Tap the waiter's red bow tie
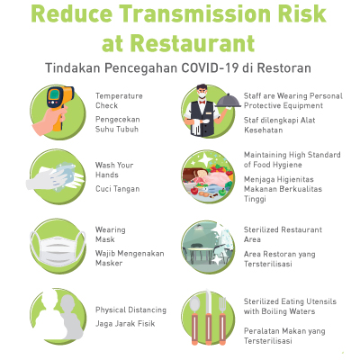click(x=202, y=102)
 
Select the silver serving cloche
click(x=229, y=101)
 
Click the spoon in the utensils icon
click(x=194, y=318)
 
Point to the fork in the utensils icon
click(x=222, y=319)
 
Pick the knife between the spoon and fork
click(x=209, y=317)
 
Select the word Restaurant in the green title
click(x=193, y=44)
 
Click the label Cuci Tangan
click(x=118, y=189)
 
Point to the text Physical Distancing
click(x=130, y=310)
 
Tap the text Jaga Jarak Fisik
click(x=125, y=324)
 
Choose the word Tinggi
click(x=255, y=199)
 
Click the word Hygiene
click(x=287, y=165)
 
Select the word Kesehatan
click(x=264, y=130)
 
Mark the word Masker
click(x=109, y=263)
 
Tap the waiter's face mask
click(x=202, y=95)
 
